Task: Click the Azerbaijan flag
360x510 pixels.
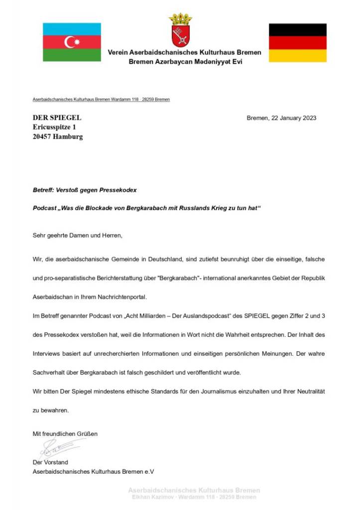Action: pos(72,42)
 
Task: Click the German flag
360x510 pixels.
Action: pos(298,42)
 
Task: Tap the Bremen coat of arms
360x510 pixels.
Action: pos(180,31)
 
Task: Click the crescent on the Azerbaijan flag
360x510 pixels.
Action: pos(70,42)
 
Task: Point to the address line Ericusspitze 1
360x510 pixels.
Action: pos(54,127)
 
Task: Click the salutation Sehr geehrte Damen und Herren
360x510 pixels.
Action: pos(77,235)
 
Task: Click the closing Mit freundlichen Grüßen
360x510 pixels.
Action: pos(65,434)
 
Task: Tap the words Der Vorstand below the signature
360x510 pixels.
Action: pos(50,462)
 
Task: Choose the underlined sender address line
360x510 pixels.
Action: pos(101,100)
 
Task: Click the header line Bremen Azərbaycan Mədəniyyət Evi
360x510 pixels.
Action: pos(185,62)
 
